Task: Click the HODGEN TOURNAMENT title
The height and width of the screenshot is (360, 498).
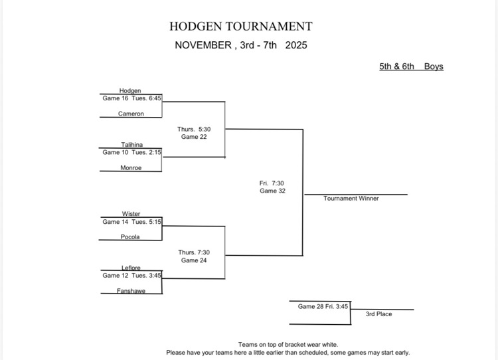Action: tap(240, 27)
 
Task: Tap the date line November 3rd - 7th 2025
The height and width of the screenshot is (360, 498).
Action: tap(240, 46)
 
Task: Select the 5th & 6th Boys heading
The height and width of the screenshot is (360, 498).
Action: tap(411, 66)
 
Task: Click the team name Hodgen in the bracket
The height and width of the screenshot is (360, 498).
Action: tap(130, 91)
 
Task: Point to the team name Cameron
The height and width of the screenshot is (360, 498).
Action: tap(131, 114)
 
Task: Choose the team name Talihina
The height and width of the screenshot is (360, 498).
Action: tap(131, 145)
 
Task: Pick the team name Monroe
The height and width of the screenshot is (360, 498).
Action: tap(131, 168)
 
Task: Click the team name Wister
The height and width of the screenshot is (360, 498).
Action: tap(131, 214)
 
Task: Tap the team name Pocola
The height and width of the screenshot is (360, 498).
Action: tap(130, 236)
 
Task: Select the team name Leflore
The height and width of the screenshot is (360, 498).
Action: tap(131, 268)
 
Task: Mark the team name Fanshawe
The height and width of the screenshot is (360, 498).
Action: tap(131, 291)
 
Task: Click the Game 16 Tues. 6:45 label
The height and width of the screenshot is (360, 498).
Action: tap(131, 98)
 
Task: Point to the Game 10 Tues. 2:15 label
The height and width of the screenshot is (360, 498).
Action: tap(131, 152)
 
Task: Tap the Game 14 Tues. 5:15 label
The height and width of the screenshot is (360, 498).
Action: tap(131, 222)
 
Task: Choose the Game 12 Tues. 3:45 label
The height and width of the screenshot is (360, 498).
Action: tap(131, 276)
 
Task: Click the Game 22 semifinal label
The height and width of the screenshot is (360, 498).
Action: tap(194, 137)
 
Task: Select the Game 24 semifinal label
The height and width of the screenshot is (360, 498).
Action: tap(194, 260)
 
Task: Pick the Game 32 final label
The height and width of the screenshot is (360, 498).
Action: tap(272, 191)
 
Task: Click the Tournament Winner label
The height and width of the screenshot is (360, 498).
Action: tap(351, 199)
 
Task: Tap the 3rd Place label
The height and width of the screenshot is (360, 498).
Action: tap(378, 314)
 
